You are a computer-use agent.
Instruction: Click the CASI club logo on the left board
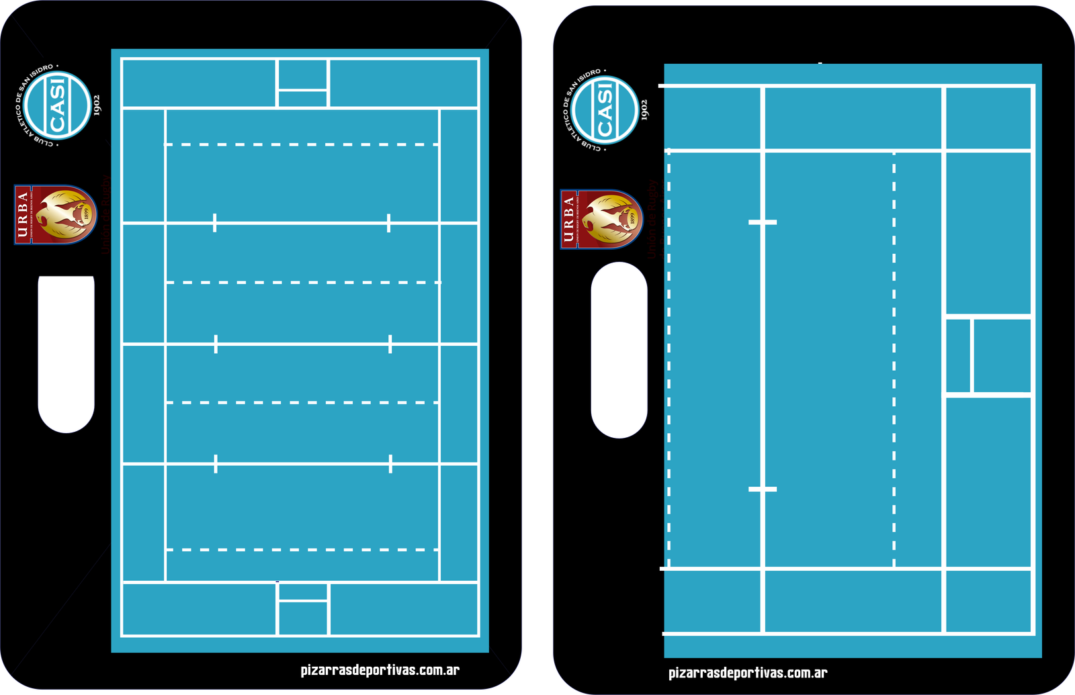57,106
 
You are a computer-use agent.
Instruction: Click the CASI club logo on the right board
605,110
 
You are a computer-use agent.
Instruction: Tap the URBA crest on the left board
56,215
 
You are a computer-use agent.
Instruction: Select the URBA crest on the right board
602,220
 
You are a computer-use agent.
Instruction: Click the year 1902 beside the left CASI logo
97,105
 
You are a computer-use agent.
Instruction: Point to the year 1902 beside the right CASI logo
644,109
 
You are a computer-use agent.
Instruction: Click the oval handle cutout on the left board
66,351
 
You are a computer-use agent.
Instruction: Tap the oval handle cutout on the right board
619,351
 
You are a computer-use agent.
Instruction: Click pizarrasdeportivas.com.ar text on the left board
380,669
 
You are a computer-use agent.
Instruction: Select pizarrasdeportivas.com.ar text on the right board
748,673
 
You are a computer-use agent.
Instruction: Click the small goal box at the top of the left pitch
302,83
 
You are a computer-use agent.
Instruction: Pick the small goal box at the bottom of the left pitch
303,610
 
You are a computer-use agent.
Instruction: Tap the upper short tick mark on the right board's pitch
763,222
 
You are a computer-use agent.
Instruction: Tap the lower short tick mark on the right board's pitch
763,490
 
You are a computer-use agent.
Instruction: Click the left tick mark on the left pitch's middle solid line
216,344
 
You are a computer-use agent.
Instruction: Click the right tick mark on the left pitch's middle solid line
390,344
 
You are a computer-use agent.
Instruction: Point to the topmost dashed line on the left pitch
302,144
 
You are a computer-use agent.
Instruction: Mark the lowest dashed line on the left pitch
302,550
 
